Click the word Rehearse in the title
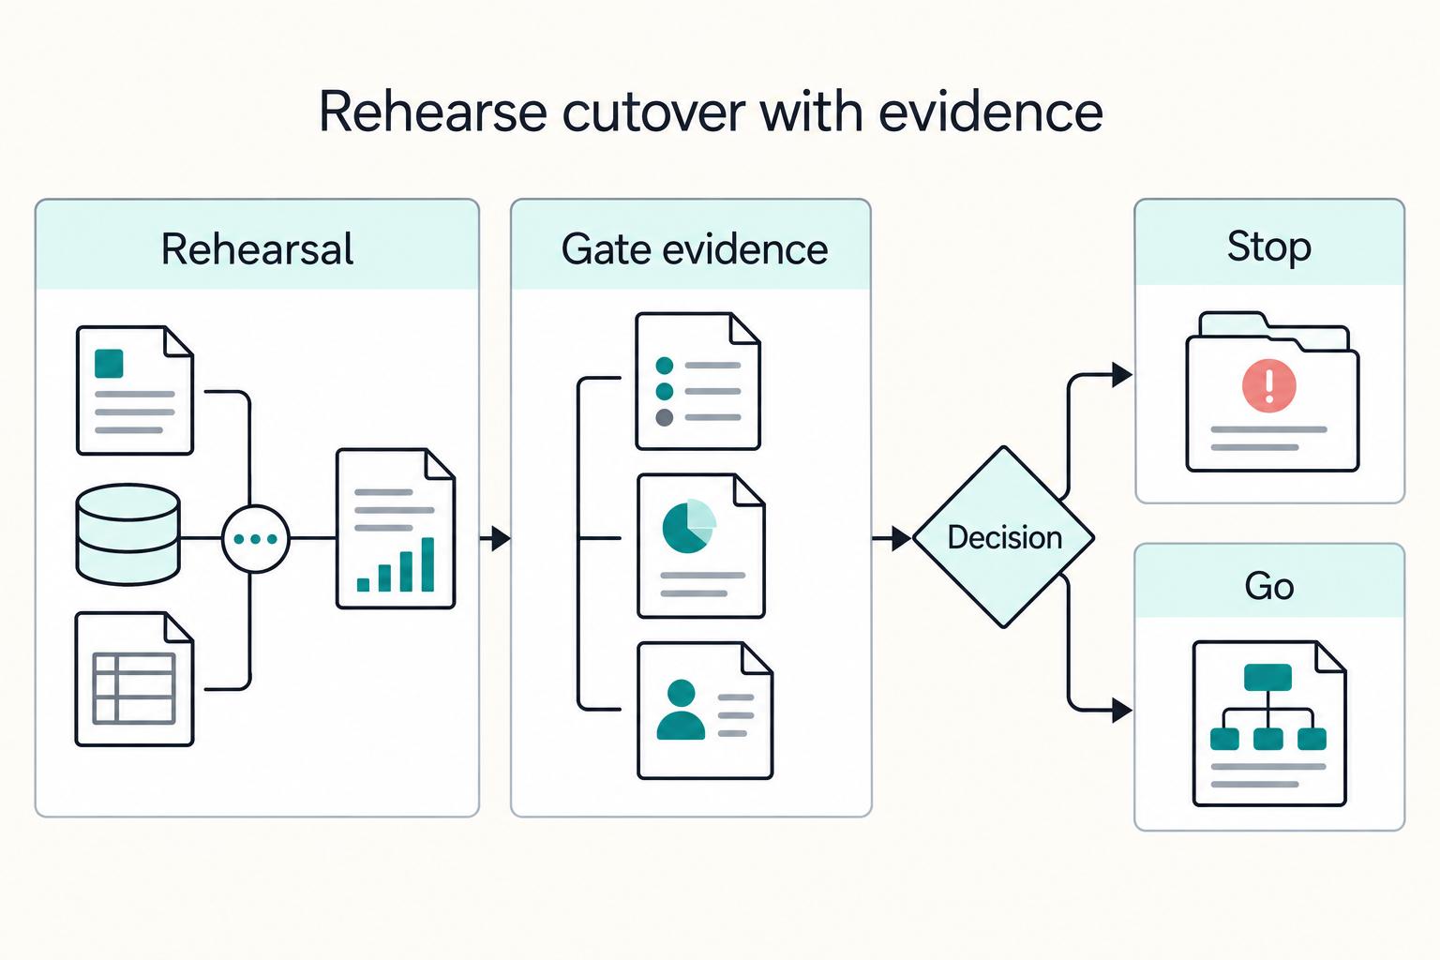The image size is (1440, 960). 432,112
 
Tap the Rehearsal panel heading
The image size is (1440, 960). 257,248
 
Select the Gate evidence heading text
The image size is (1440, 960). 695,248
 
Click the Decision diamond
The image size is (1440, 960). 1003,537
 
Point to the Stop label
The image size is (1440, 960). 1269,247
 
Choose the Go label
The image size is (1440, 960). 1269,587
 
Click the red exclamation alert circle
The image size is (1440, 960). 1269,386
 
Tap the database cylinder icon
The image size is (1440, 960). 127,535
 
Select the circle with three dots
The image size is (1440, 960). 256,539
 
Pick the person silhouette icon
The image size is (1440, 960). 681,710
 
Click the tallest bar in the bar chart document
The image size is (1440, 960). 427,564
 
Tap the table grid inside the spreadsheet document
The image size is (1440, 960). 134,688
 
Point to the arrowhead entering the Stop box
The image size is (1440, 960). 1122,374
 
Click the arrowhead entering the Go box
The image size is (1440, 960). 1122,711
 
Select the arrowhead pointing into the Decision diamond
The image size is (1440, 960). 901,538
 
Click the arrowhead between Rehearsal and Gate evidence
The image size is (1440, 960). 502,538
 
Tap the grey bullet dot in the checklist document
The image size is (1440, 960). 664,417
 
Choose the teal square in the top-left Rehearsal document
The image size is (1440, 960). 109,364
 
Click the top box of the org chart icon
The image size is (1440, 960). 1267,677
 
